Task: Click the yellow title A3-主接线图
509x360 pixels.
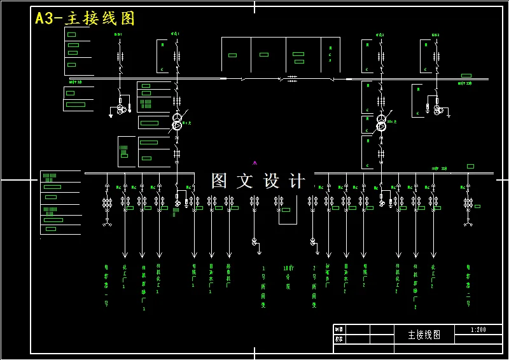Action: pyautogui.click(x=85, y=18)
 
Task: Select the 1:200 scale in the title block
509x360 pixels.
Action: pyautogui.click(x=478, y=329)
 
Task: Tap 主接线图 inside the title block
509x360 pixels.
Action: pyautogui.click(x=424, y=335)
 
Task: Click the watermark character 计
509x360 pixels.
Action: pyautogui.click(x=296, y=181)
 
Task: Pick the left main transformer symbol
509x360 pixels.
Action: pyautogui.click(x=177, y=121)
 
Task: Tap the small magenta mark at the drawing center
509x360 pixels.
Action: pyautogui.click(x=255, y=163)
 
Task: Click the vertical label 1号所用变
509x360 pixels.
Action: pyautogui.click(x=263, y=286)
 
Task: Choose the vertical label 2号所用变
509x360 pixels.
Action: pyautogui.click(x=314, y=286)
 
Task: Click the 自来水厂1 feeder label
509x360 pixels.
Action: pyautogui.click(x=211, y=279)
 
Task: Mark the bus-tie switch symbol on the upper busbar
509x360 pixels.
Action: pyautogui.click(x=292, y=78)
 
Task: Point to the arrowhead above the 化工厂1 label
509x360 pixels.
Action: pyautogui.click(x=124, y=254)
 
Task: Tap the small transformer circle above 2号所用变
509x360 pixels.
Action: pyautogui.click(x=312, y=241)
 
